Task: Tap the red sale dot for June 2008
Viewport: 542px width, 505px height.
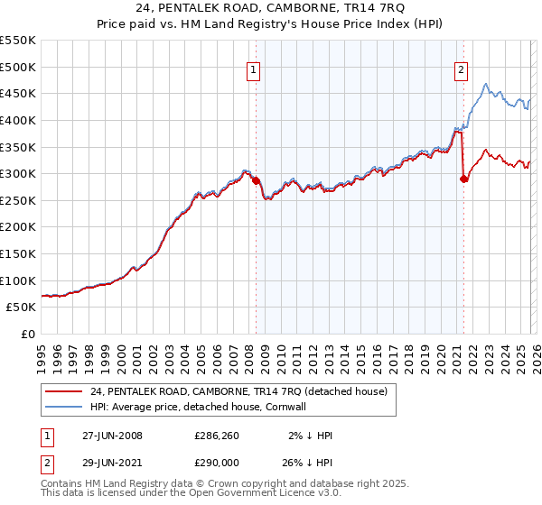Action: (x=256, y=180)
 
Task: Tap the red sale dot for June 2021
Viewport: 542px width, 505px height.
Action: (x=463, y=179)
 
